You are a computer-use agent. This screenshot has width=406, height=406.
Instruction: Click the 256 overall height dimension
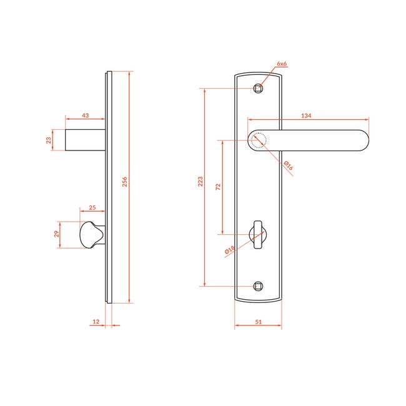pos(125,182)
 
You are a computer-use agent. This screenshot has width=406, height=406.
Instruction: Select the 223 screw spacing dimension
pos(201,182)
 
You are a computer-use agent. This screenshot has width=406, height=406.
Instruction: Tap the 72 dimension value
pos(218,187)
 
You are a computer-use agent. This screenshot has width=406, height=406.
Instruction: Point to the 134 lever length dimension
pos(306,116)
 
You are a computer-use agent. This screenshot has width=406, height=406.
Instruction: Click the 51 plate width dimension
pos(259,322)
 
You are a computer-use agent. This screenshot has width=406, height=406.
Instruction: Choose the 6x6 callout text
pos(282,64)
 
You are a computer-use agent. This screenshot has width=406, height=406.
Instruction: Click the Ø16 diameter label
pos(288,166)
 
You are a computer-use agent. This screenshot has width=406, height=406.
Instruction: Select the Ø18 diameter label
pos(230,250)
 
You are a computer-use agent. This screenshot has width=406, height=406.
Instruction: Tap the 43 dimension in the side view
pos(86,115)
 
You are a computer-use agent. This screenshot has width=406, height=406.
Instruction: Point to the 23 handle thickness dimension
pos(49,140)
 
